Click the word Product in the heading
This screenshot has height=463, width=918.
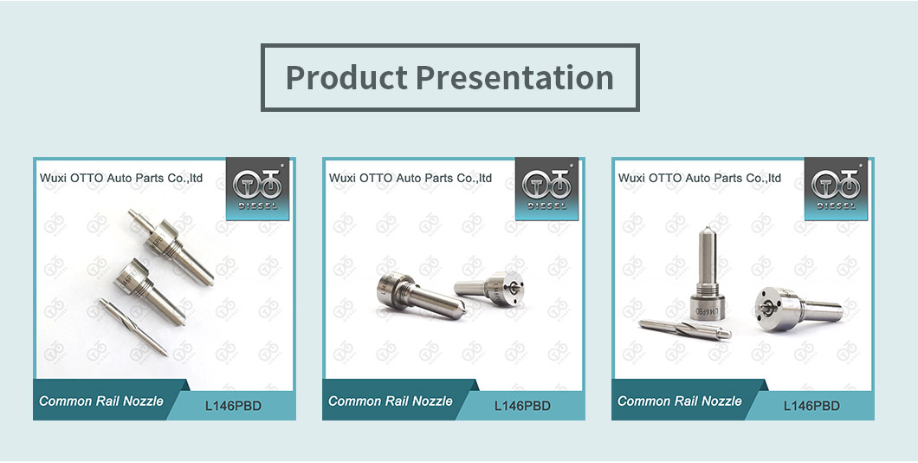tap(346, 78)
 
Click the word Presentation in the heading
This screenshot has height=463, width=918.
tap(515, 77)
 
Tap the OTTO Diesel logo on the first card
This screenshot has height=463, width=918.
tap(257, 188)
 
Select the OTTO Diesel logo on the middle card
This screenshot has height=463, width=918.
tap(546, 188)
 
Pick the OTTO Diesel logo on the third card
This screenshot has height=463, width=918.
tap(836, 188)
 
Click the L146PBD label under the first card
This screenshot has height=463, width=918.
tap(233, 406)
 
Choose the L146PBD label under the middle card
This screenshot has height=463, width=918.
tap(522, 406)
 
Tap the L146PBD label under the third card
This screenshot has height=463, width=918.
tap(811, 406)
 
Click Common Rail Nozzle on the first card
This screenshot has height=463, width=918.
tap(101, 401)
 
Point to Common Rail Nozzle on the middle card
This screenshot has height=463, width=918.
tap(391, 401)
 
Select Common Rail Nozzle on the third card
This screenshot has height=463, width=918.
tap(680, 401)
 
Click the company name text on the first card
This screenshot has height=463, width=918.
tap(121, 178)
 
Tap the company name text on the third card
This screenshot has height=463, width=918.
tap(700, 178)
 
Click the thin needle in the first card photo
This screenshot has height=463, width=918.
tap(133, 327)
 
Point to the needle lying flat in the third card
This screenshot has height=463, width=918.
tap(685, 329)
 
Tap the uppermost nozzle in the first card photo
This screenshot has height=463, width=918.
tap(171, 246)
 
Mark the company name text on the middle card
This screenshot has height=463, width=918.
tap(411, 178)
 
